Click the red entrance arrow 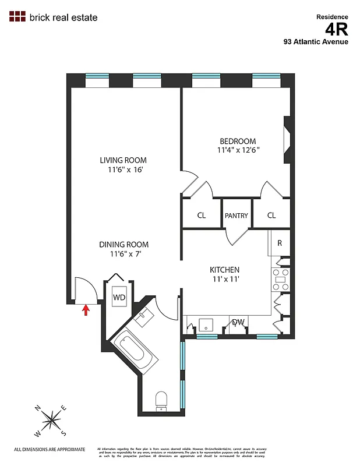(86, 309)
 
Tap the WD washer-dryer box (119, 297)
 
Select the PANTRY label (237, 216)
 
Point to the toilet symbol (161, 400)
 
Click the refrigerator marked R (279, 243)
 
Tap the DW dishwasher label (238, 322)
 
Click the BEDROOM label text (238, 141)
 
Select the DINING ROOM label (123, 245)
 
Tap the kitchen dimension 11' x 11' (225, 279)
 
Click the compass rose (52, 419)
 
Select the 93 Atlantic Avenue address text (316, 41)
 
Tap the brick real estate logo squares (17, 16)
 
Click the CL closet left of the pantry (202, 216)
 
